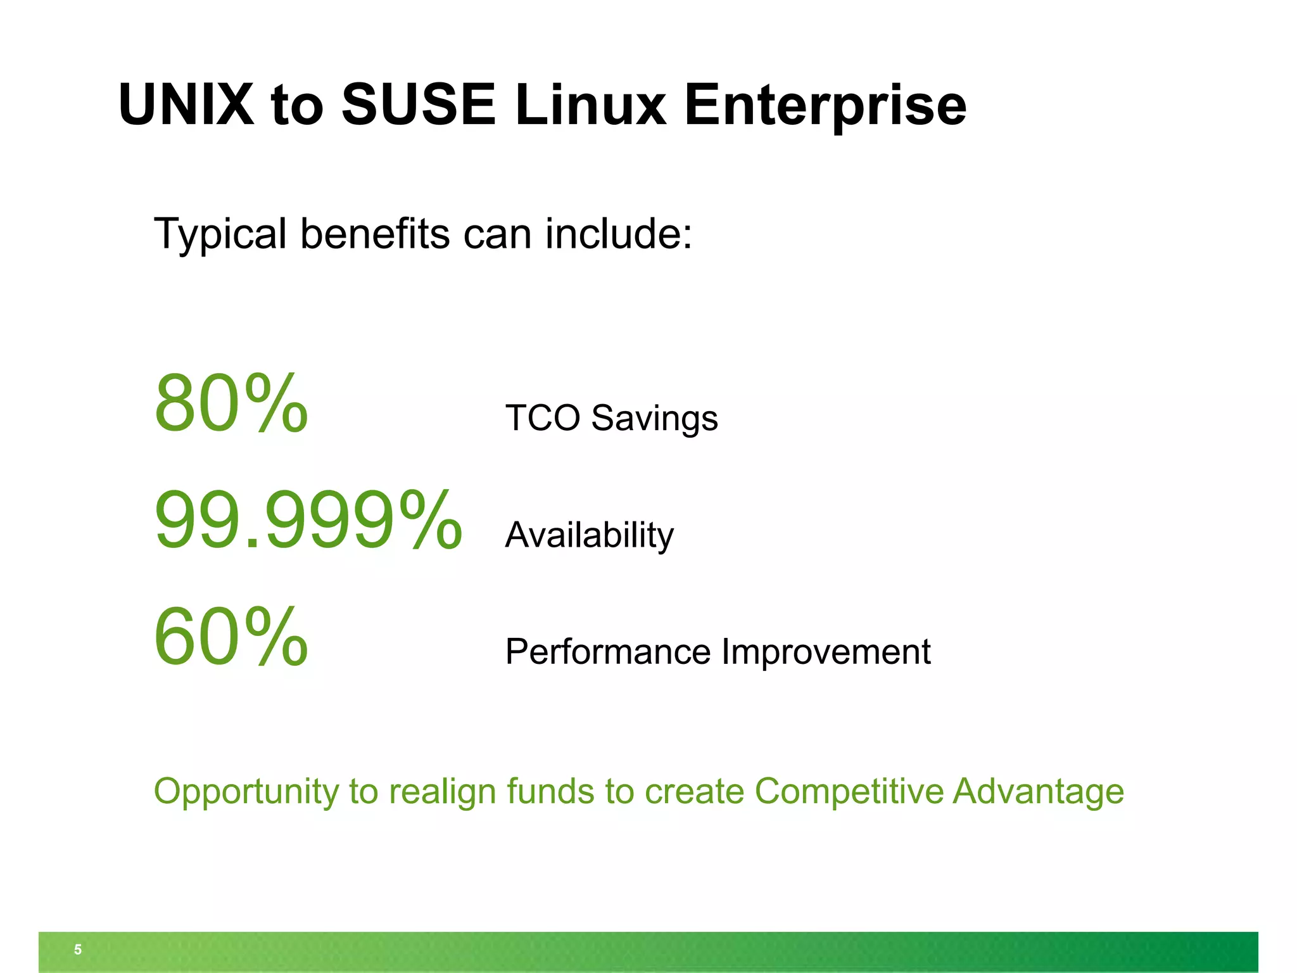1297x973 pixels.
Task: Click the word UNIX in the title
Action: tap(186, 105)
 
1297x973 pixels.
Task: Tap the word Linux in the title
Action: tap(590, 105)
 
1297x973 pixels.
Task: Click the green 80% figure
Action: tap(231, 404)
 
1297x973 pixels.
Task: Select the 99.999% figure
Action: tap(308, 520)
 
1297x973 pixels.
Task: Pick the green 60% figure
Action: tap(231, 637)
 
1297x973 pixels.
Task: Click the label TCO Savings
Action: tap(611, 419)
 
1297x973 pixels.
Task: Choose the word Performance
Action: tap(608, 652)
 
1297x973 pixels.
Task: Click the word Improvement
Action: tap(826, 652)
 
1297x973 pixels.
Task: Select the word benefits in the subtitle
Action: tap(375, 234)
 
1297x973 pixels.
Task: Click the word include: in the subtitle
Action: tap(619, 234)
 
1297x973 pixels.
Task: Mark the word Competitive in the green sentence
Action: tap(849, 792)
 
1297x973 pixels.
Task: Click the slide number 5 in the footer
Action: tap(78, 950)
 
